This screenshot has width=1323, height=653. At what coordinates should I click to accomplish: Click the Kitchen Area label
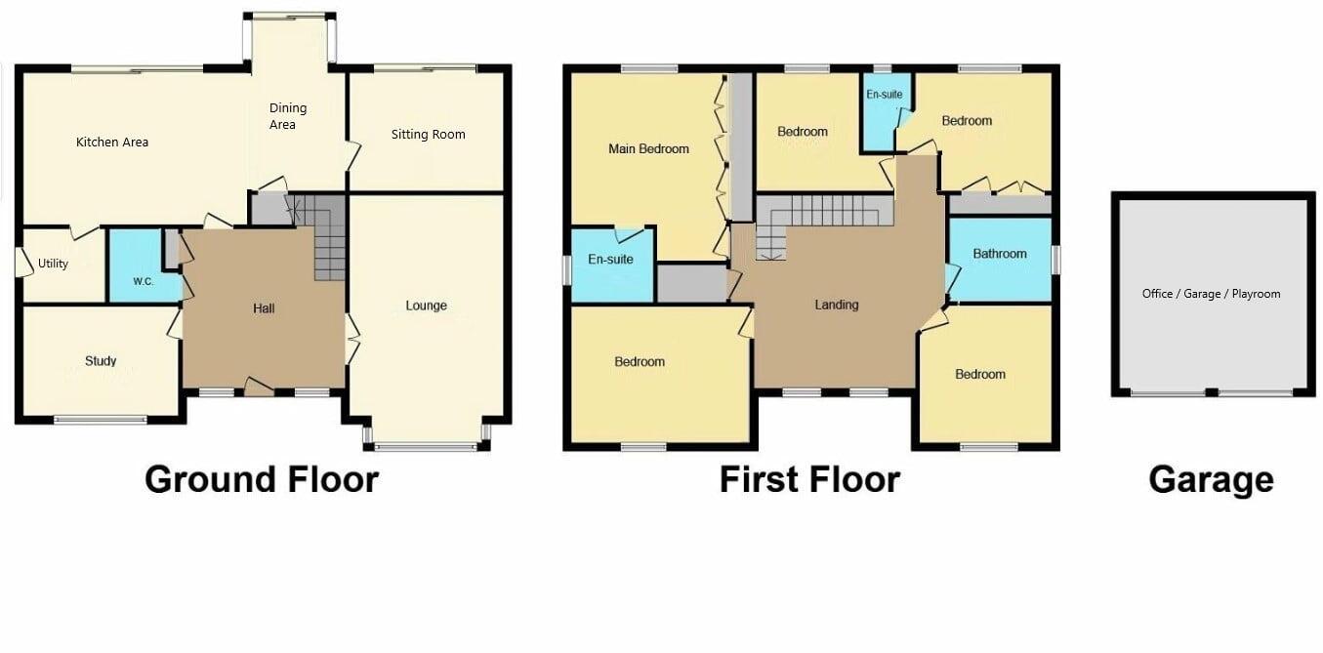pos(112,143)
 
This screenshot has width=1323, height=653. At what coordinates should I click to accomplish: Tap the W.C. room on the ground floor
pos(144,281)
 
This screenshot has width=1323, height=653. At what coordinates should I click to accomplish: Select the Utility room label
pos(53,264)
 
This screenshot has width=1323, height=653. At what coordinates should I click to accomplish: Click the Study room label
pos(101,361)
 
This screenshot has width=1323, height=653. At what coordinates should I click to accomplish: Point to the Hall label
pos(264,309)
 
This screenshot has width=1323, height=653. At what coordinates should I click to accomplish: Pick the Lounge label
pos(427,306)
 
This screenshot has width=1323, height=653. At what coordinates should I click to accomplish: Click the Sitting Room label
pos(428,135)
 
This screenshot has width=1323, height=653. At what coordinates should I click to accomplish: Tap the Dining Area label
pos(288,116)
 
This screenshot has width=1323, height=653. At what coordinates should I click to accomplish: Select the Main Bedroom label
pos(648,149)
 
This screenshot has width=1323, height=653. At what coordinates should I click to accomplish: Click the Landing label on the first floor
pos(837,305)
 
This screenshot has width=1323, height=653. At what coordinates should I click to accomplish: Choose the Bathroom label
pos(1000,254)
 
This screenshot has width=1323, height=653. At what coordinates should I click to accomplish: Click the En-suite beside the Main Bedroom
pos(610,260)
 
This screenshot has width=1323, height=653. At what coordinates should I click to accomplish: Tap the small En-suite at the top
pos(885,95)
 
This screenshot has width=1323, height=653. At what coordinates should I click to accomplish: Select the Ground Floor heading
pos(262,479)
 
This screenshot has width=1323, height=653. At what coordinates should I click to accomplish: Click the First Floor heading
pos(809,479)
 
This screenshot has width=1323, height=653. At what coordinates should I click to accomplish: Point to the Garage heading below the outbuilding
pos(1211,479)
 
